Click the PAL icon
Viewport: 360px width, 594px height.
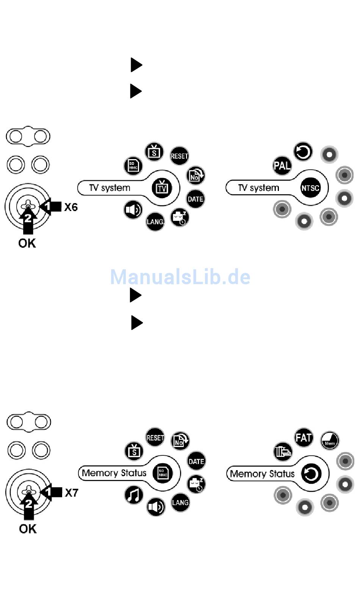pos(282,166)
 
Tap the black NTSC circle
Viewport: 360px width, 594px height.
pos(310,188)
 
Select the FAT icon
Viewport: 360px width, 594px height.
pos(304,438)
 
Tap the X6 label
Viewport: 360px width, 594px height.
pos(71,207)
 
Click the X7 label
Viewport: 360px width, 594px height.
pos(72,492)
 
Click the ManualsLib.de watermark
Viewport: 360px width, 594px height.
pos(180,277)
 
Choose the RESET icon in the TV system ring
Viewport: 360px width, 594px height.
pos(179,156)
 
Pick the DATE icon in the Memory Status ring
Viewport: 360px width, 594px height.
pos(196,461)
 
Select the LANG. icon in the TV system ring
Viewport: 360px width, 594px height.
pos(155,222)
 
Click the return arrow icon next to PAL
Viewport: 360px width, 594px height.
pos(303,152)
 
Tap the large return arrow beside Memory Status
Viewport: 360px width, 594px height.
pos(311,473)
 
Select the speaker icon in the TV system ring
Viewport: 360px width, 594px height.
pos(133,210)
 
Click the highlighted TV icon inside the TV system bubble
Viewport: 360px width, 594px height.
pos(162,188)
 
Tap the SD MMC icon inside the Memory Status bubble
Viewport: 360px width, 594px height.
pos(163,473)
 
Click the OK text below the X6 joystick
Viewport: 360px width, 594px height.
pos(27,243)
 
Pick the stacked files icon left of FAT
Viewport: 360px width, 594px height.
pos(283,452)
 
